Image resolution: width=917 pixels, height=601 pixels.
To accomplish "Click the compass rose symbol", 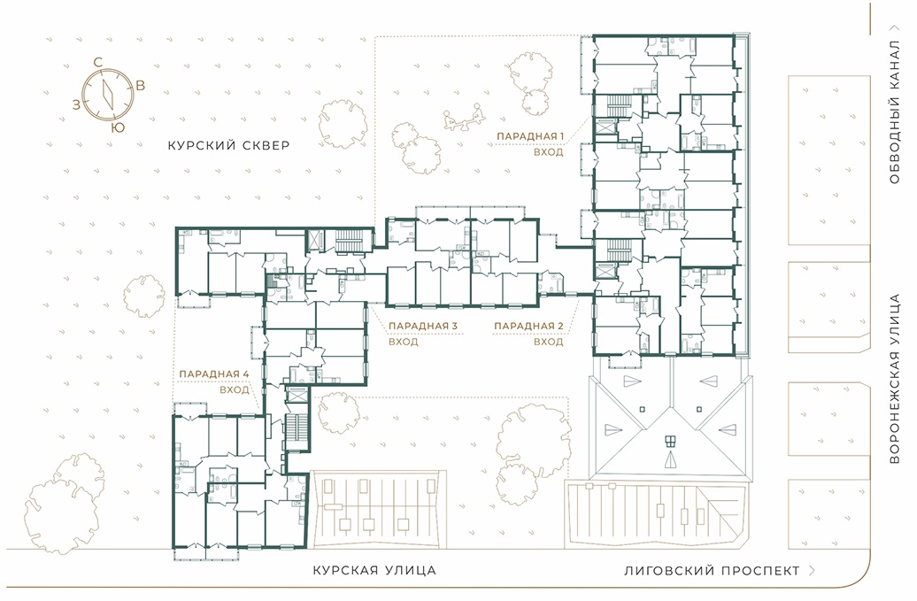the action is click(x=108, y=95).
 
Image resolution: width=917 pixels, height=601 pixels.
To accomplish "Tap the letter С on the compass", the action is click(x=98, y=62).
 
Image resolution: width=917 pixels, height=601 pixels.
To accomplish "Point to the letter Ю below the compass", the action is click(x=118, y=127).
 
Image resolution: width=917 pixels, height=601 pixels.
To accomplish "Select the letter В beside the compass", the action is click(x=141, y=85).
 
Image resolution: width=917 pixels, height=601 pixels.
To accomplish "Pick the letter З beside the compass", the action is click(x=76, y=104).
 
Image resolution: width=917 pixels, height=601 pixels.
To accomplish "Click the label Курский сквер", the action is click(x=228, y=145).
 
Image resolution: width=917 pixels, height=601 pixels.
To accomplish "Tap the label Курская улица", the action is click(x=374, y=570).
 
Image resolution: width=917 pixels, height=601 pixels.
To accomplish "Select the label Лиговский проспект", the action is click(x=712, y=571).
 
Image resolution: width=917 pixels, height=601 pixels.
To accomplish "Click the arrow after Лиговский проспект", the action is click(x=812, y=571).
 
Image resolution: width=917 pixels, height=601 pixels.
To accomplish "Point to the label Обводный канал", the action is click(x=894, y=112).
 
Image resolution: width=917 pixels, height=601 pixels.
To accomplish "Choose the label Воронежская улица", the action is click(x=894, y=380).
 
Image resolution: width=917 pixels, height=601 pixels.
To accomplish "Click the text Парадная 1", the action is click(x=530, y=136).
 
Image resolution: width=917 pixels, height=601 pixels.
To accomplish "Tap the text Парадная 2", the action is click(x=528, y=327).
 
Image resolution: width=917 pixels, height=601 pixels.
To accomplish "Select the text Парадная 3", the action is click(x=423, y=327).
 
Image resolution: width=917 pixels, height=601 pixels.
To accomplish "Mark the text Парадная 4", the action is click(x=214, y=374).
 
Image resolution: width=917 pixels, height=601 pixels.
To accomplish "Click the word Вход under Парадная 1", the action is click(x=549, y=152).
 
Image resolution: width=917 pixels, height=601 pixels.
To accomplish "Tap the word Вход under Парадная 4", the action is click(x=235, y=389).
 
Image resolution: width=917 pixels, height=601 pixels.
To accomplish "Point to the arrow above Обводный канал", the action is click(x=894, y=27).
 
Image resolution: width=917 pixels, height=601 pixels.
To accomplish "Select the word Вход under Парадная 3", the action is click(x=404, y=342).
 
